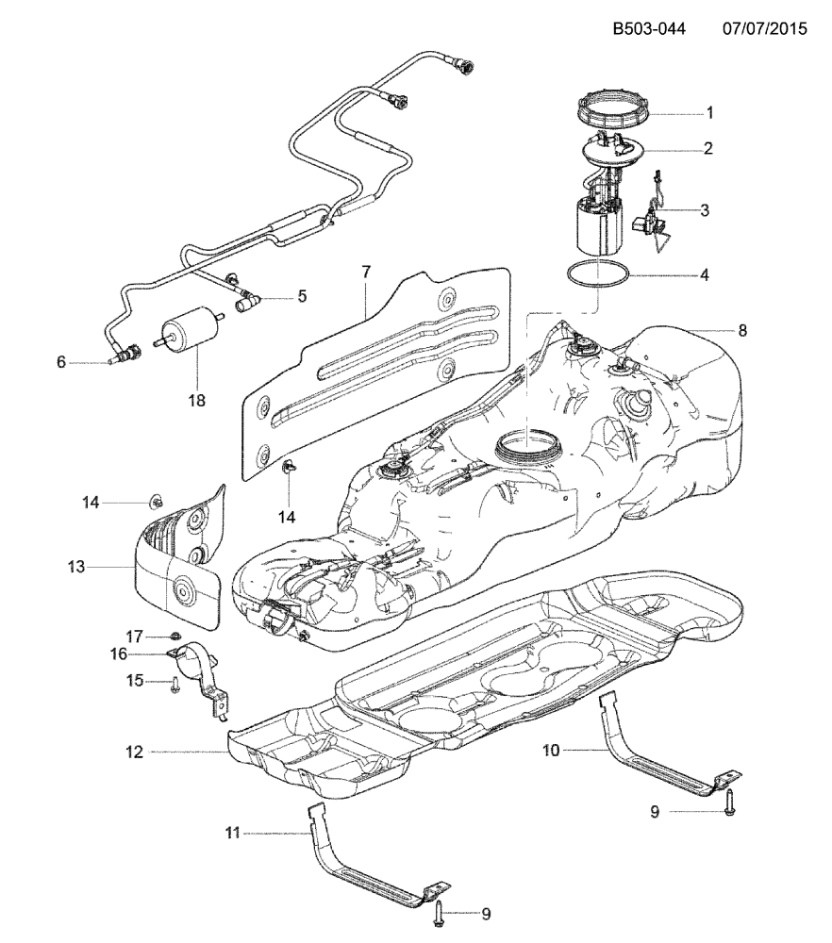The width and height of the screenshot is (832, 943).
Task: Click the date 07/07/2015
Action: pyautogui.click(x=764, y=29)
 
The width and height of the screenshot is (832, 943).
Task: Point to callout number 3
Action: pyautogui.click(x=705, y=210)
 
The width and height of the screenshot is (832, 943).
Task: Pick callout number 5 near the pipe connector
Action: pyautogui.click(x=302, y=296)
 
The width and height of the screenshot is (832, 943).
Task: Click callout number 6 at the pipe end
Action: pyautogui.click(x=62, y=361)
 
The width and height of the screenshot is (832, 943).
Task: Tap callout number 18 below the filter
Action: pyautogui.click(x=196, y=400)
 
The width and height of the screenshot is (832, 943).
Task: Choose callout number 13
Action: pyautogui.click(x=76, y=567)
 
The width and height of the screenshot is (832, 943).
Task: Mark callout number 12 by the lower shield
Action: pyautogui.click(x=134, y=752)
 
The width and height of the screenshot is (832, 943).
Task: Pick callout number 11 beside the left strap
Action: pyautogui.click(x=233, y=833)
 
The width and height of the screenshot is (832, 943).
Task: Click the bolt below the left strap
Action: pyautogui.click(x=440, y=912)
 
